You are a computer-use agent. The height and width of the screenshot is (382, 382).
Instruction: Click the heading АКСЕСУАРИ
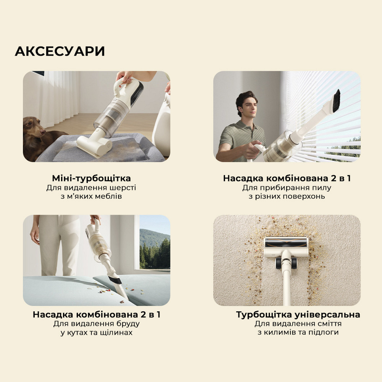(x=60, y=51)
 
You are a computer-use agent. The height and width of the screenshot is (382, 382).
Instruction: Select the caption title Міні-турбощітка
(x=91, y=178)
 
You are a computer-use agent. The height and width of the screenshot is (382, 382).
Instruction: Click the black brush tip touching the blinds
(x=336, y=100)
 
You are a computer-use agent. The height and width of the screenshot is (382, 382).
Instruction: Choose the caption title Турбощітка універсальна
(x=298, y=315)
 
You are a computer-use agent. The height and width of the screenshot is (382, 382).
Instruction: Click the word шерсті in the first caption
(x=123, y=188)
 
